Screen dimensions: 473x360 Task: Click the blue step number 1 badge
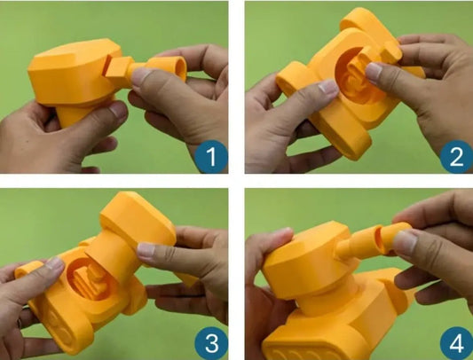(211, 156)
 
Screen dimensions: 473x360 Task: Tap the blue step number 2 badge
(456, 156)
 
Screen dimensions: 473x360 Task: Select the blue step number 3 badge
(211, 343)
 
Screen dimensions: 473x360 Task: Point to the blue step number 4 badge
(456, 343)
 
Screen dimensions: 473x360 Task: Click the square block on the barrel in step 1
(118, 71)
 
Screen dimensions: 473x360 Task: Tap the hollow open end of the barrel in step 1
(180, 68)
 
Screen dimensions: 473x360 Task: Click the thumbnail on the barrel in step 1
(140, 76)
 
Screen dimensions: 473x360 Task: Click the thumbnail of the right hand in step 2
(374, 73)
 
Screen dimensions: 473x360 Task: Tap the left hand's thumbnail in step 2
(329, 87)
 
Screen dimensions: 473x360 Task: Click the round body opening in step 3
(89, 279)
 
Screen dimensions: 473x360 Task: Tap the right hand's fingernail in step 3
(146, 250)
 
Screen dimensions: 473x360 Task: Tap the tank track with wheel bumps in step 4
(315, 347)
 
